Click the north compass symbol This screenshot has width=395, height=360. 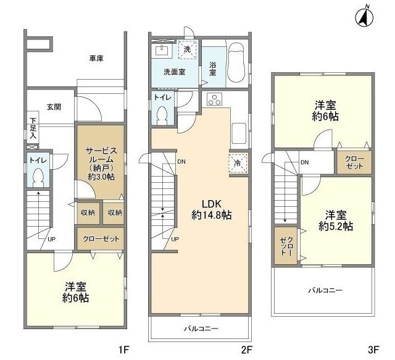pos(364,18)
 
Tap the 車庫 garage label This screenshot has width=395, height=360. pos(96,59)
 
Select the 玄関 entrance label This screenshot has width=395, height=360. pos(54,107)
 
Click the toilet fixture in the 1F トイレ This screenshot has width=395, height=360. pos(38,177)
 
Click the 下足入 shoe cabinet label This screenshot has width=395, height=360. pos(33,128)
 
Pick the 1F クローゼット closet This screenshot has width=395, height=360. pos(101,239)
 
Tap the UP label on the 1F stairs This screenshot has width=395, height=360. pos(51,239)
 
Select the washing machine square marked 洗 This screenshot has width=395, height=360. pos(187,49)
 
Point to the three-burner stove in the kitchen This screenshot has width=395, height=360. pos(214,99)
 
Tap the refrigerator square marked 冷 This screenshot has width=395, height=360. pos(238,163)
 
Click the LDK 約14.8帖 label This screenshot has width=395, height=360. pos(212,209)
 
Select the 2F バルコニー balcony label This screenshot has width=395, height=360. pos(201,329)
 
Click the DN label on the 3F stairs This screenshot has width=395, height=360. pos(304,162)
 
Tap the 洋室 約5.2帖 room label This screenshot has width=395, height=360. pos(336,221)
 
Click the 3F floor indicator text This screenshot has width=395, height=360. pos(373,350)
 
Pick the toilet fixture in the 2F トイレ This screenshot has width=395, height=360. pos(162,115)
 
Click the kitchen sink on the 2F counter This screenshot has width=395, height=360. pos(239,133)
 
